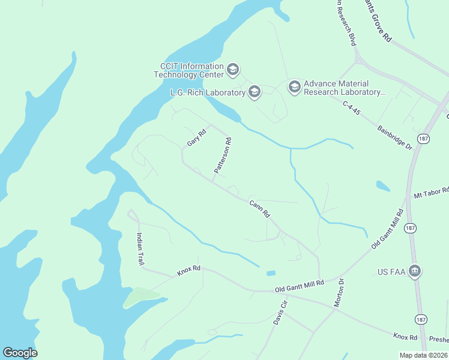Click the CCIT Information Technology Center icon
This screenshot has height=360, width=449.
pyautogui.click(x=234, y=70)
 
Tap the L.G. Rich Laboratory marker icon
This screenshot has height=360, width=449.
pyautogui.click(x=254, y=92)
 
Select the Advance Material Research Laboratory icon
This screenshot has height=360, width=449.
pyautogui.click(x=294, y=88)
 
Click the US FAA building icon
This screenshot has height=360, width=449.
pyautogui.click(x=414, y=272)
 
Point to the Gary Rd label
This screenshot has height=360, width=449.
pyautogui.click(x=196, y=137)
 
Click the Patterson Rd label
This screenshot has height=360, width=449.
pyautogui.click(x=221, y=156)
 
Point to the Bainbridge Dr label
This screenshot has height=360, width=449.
pyautogui.click(x=394, y=137)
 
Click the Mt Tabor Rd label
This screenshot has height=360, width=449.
pyautogui.click(x=431, y=193)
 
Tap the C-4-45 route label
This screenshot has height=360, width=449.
pyautogui.click(x=351, y=112)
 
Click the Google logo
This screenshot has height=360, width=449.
pyautogui.click(x=20, y=353)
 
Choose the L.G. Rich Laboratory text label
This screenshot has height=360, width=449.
pyautogui.click(x=207, y=92)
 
